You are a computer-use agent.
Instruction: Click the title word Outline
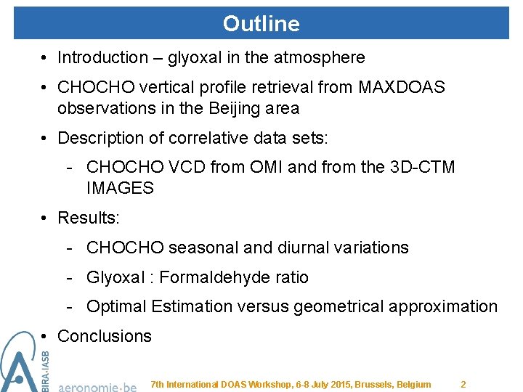coord(261,24)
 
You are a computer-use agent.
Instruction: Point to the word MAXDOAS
coord(402,87)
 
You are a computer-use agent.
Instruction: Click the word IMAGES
coord(120,188)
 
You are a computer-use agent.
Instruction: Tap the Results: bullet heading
coord(85,218)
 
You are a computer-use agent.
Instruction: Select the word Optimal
coord(115,307)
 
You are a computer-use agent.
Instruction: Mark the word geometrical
coord(338,307)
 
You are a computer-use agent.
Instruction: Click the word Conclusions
coord(104,336)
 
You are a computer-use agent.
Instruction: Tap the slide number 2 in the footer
coord(463,384)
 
